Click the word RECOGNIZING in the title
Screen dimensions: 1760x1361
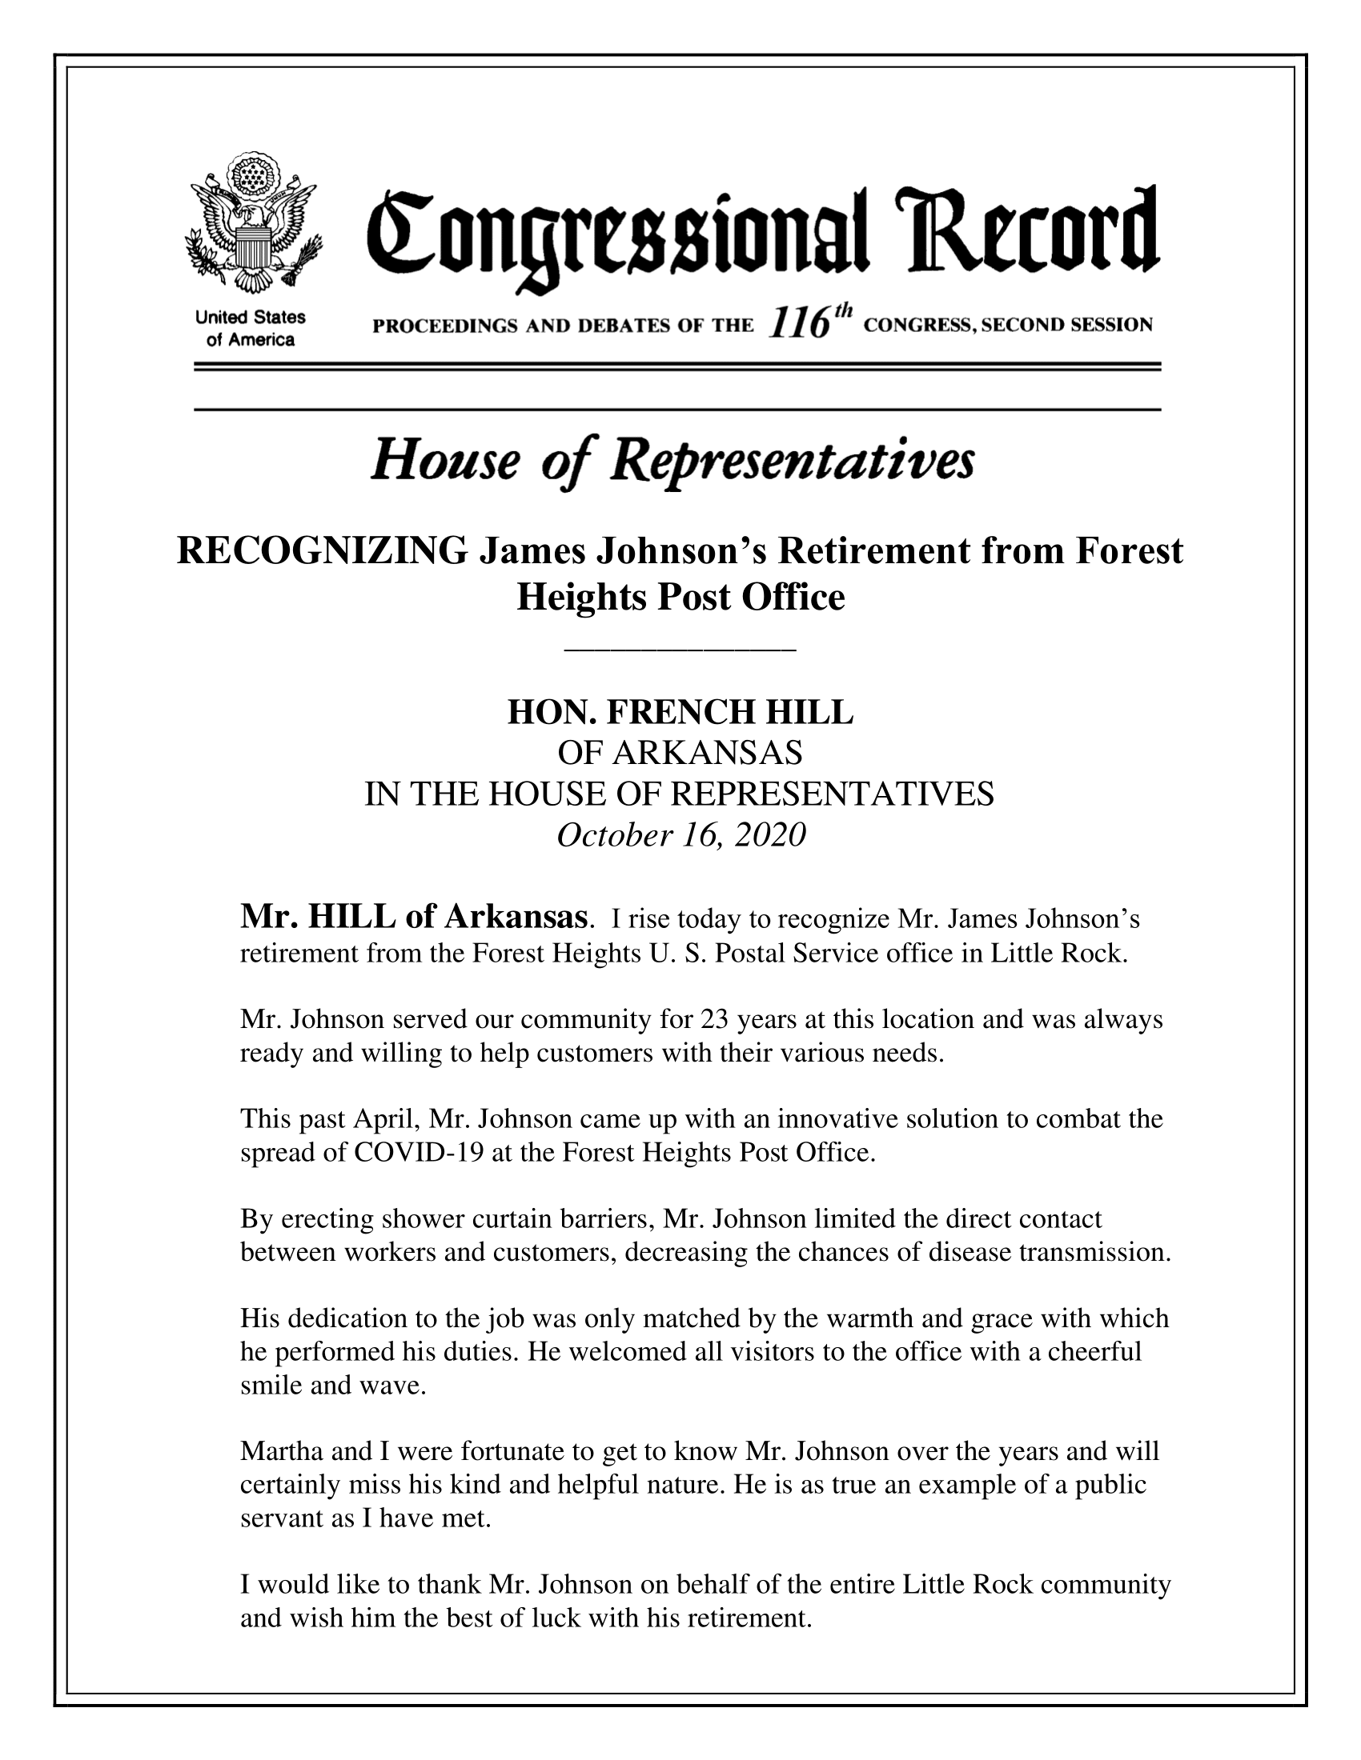pyautogui.click(x=321, y=552)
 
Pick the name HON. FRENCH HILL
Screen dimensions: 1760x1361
pyautogui.click(x=680, y=712)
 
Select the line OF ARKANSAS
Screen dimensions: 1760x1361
pyautogui.click(x=680, y=754)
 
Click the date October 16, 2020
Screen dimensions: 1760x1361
pyautogui.click(x=680, y=836)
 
